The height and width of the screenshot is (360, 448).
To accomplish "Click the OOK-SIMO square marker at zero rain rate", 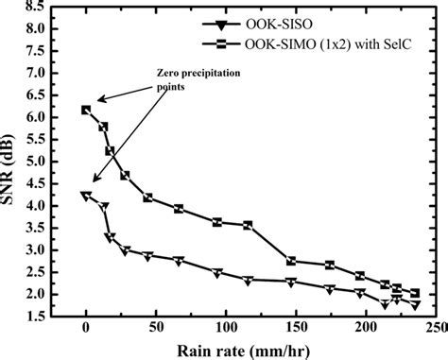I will pyautogui.click(x=86, y=111).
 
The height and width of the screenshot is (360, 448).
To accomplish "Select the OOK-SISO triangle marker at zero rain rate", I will pyautogui.click(x=86, y=196).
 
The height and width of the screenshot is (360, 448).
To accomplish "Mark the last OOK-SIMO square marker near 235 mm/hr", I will pyautogui.click(x=414, y=293).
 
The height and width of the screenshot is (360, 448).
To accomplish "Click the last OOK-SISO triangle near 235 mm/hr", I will pyautogui.click(x=414, y=304).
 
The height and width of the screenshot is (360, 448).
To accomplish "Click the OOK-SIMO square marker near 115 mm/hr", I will pyautogui.click(x=248, y=225).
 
